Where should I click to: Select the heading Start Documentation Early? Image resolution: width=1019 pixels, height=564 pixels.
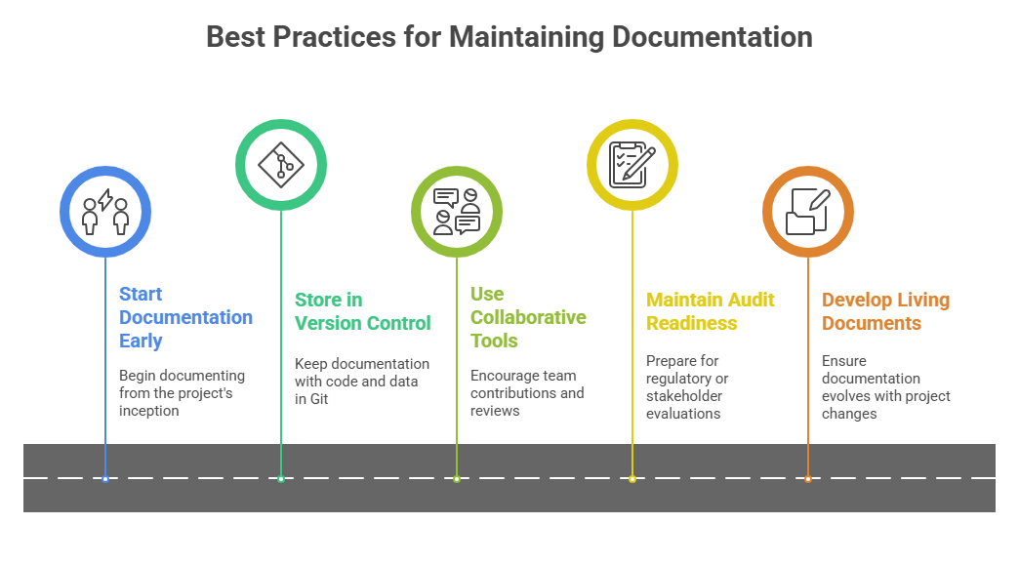185,317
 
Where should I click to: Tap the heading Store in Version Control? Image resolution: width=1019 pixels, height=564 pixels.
362,311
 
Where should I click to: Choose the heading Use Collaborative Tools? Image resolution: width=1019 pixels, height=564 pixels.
527,317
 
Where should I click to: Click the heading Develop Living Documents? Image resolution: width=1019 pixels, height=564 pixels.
885,311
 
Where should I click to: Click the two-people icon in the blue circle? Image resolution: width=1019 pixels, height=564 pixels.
105,211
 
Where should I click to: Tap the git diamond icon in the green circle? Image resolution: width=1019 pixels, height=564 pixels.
281,165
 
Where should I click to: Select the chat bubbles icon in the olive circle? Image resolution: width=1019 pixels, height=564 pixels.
457,211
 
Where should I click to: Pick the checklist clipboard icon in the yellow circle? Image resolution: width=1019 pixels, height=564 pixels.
632,165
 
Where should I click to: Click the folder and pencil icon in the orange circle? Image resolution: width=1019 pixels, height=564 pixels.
808,211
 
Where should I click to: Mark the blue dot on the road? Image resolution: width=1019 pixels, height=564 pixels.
105,479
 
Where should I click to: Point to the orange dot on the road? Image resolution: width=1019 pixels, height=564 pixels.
808,479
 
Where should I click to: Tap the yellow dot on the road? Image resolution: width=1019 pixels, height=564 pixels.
632,479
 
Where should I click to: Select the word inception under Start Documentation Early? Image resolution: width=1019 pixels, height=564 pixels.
149,411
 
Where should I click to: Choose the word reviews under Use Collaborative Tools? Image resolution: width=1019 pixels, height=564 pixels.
495,411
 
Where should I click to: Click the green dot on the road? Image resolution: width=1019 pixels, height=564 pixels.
281,479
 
